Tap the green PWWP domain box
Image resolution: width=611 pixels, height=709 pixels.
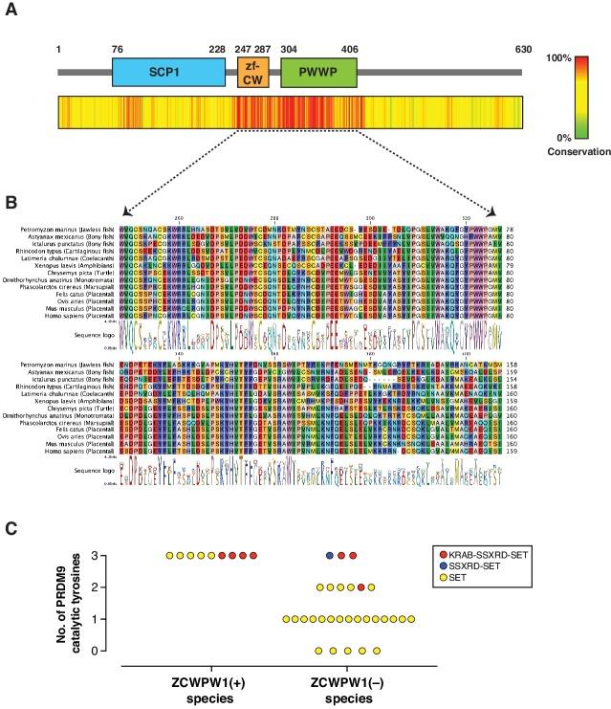point(318,73)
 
